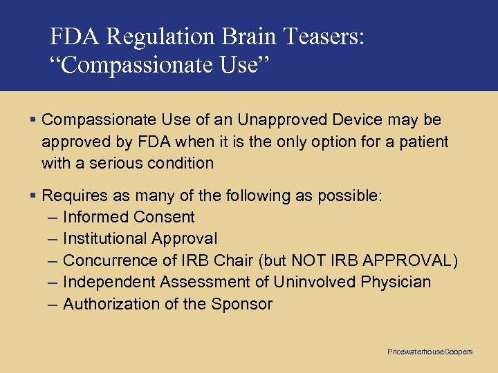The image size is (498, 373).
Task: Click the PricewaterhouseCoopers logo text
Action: pyautogui.click(x=430, y=352)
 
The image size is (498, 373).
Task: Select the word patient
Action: pyautogui.click(x=420, y=142)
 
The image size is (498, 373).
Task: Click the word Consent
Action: pyautogui.click(x=164, y=217)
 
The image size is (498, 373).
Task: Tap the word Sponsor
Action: pyautogui.click(x=242, y=304)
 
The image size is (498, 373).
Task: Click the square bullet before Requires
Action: pyautogui.click(x=33, y=195)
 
